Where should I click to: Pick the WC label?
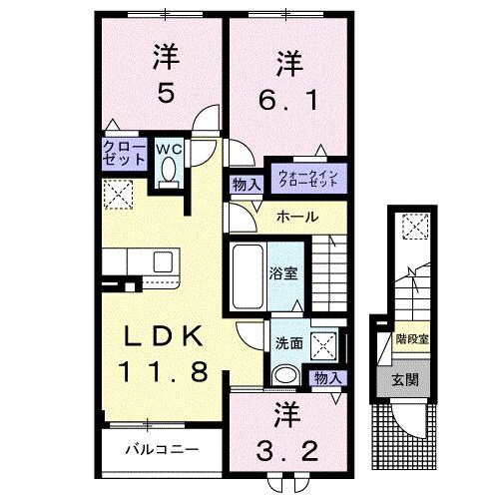(168, 151)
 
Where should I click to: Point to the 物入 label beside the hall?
(246, 184)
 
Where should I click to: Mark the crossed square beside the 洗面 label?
(323, 344)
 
